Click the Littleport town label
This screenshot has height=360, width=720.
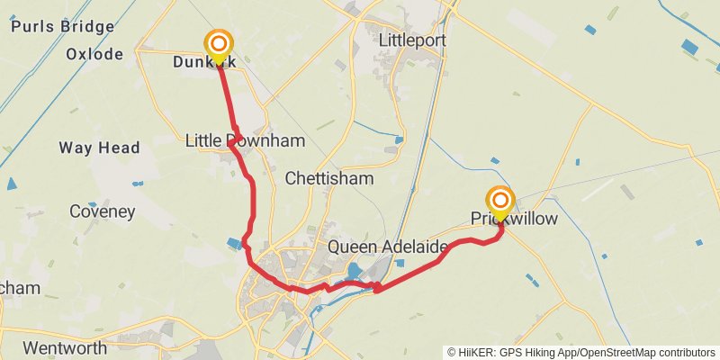(413, 41)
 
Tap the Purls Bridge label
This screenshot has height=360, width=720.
(62, 26)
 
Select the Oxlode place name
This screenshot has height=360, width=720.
(94, 54)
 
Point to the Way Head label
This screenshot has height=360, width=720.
(99, 148)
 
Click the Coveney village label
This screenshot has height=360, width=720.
(102, 212)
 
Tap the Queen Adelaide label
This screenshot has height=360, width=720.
(388, 247)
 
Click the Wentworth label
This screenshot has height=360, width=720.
(65, 347)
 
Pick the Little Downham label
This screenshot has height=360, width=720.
(245, 141)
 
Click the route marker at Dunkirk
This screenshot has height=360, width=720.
(219, 44)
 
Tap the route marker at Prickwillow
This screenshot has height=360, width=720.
(500, 202)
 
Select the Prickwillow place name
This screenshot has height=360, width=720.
(514, 219)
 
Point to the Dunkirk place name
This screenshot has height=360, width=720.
(204, 62)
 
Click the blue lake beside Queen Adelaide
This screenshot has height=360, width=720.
(355, 271)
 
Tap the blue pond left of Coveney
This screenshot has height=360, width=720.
(12, 184)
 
